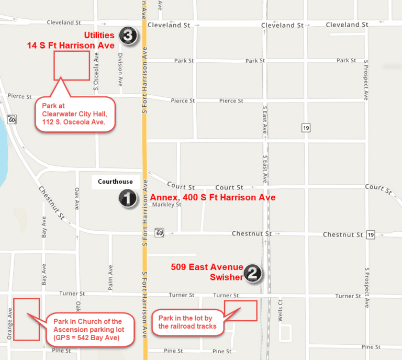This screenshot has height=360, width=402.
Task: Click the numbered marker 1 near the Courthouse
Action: [128, 198]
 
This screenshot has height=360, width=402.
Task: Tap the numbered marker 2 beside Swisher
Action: [253, 273]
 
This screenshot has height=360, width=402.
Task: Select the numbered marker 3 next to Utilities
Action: [128, 36]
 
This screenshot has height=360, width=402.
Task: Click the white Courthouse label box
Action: [115, 182]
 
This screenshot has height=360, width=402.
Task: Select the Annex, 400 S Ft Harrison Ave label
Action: [213, 198]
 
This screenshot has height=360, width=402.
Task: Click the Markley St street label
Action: [166, 205]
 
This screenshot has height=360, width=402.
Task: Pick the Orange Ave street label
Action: [10, 324]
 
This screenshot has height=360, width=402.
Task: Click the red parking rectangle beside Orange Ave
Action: [26, 319]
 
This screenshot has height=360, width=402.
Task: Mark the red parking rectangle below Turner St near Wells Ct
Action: [241, 310]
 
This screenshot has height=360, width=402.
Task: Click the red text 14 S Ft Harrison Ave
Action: [71, 46]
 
